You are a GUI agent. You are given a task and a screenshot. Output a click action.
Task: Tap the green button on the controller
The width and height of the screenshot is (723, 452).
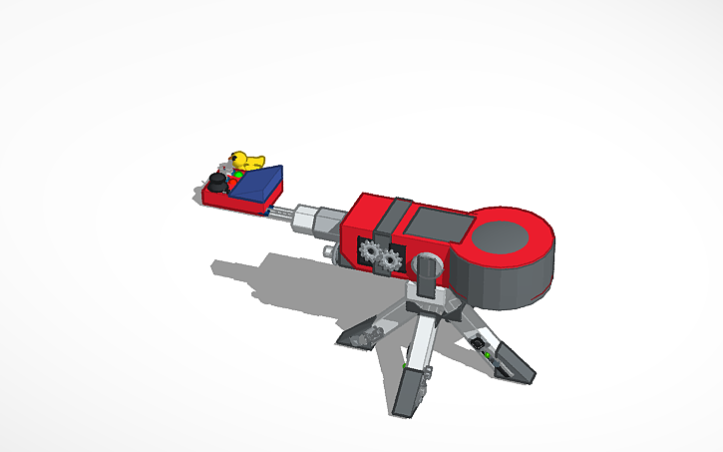coord(238,177)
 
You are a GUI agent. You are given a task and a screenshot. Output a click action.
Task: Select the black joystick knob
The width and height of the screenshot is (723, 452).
coord(215,184)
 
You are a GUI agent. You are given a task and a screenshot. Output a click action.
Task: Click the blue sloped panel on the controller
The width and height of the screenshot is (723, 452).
coord(259,184)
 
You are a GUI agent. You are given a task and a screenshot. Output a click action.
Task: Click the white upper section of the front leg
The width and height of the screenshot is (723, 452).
coord(423,338)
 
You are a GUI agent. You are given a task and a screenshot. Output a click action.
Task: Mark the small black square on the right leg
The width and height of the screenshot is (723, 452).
coord(480,343)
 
